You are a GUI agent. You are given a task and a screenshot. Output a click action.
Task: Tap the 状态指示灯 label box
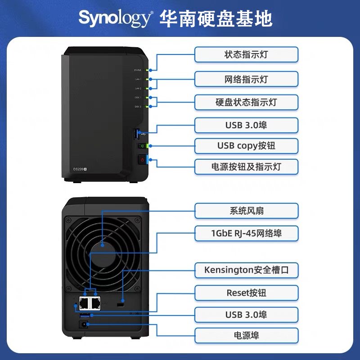[246, 55]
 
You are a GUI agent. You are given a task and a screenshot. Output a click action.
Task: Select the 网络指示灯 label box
[246, 79]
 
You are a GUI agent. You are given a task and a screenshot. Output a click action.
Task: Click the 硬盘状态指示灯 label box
[246, 102]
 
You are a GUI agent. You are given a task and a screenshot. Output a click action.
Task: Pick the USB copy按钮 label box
[246, 146]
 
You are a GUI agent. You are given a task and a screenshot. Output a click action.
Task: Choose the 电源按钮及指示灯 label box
[246, 166]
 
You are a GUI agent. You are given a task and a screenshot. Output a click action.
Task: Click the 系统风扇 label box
[246, 211]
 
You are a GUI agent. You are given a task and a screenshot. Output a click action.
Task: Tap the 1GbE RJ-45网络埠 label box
[246, 233]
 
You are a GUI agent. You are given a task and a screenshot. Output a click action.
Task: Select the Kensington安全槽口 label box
[246, 270]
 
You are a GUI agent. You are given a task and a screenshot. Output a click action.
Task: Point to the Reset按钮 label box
[246, 293]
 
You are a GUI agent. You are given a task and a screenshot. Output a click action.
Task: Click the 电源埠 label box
[246, 335]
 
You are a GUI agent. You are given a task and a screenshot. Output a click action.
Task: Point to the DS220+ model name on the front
[80, 169]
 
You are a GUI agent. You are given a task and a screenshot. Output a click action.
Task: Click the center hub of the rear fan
[103, 245]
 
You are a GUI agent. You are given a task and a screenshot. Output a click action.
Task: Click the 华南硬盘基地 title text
[216, 18]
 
